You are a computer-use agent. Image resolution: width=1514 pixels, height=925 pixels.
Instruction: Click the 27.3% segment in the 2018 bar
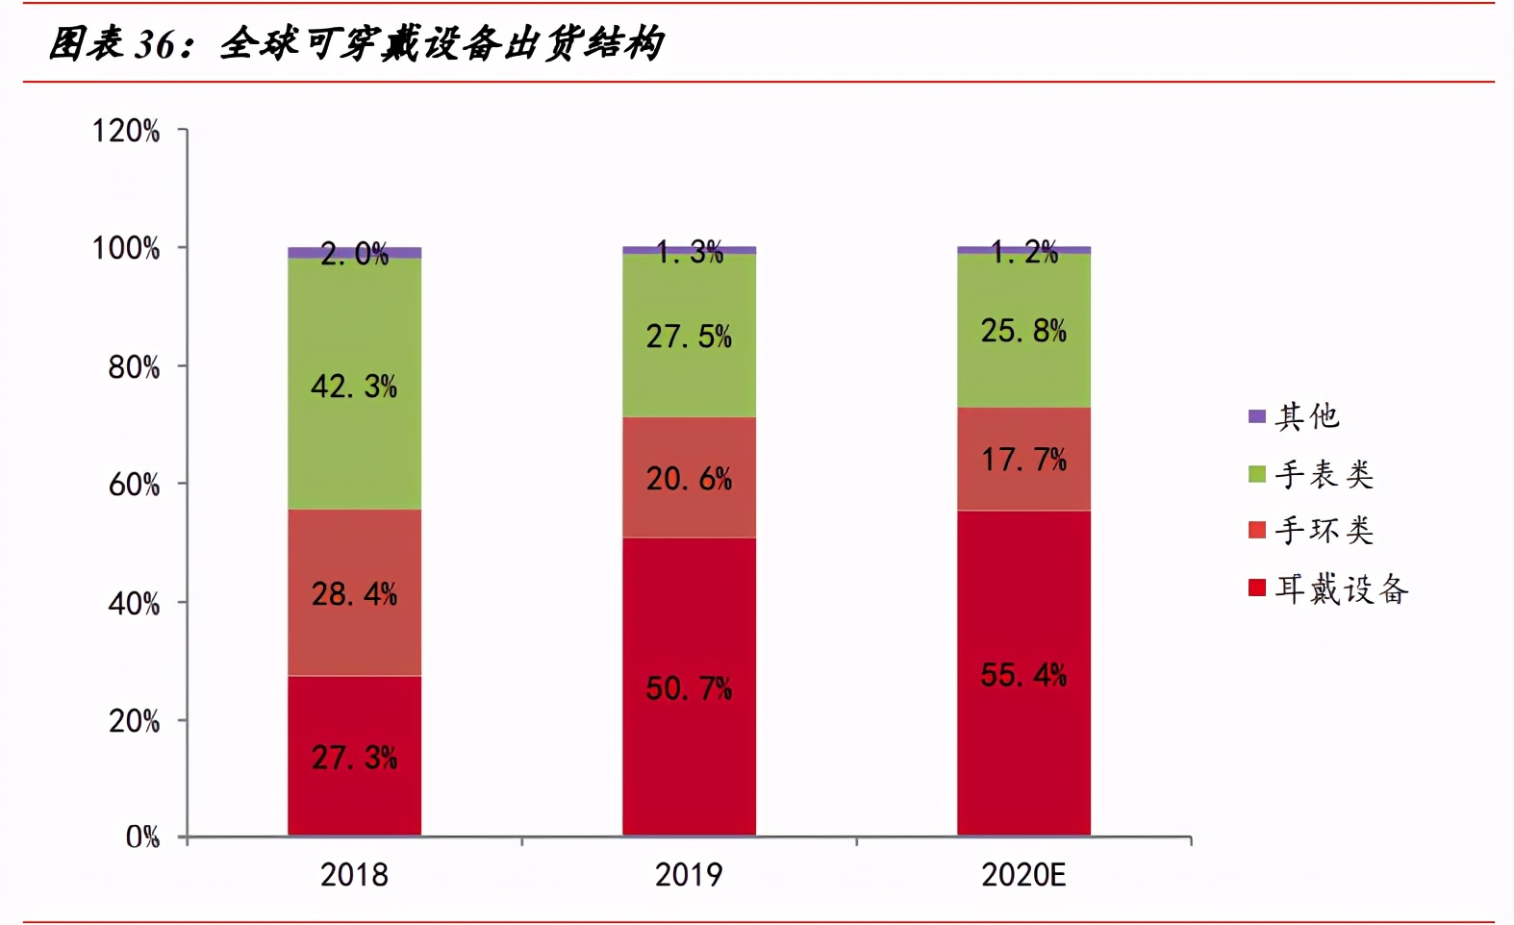354,757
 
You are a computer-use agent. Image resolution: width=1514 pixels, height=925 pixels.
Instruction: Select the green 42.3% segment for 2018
354,385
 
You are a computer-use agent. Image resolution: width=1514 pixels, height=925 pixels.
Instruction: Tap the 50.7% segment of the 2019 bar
689,687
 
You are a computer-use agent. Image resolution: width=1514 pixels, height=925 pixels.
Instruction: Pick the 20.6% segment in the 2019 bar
689,477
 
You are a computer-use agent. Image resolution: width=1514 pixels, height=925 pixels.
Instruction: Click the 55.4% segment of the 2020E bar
1023,673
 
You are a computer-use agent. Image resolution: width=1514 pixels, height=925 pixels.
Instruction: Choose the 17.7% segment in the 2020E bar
1023,459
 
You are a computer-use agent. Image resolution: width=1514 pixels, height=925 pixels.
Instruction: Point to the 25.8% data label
1023,331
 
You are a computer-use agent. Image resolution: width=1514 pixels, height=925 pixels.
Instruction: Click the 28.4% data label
354,593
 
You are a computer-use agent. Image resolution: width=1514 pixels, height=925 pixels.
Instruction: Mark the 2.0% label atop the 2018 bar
354,254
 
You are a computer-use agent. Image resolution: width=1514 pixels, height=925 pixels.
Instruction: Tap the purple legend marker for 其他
1256,416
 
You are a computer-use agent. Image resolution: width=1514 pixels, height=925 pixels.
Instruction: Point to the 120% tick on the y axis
126,131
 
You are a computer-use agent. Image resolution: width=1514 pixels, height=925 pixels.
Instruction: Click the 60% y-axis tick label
134,485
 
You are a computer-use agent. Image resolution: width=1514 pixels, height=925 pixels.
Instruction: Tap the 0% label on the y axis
142,837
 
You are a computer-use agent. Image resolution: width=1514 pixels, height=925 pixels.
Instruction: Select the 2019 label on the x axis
689,875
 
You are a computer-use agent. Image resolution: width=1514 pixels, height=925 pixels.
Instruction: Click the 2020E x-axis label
1023,875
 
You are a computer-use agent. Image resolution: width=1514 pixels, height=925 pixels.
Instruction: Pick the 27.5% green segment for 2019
689,336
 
